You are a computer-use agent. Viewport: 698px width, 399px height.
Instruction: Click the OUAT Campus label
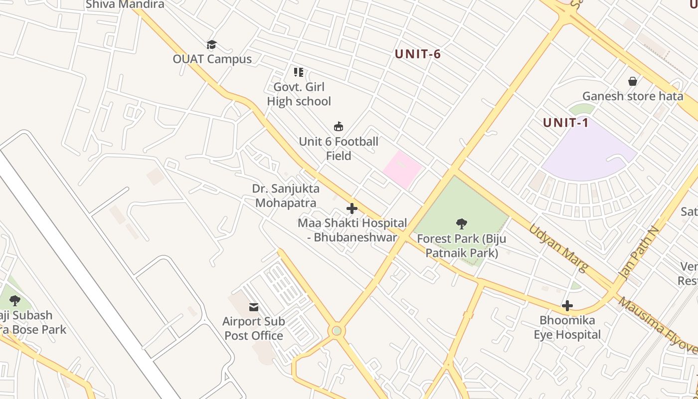pos(212,59)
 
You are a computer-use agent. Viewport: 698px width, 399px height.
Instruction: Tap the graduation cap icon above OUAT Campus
pos(212,45)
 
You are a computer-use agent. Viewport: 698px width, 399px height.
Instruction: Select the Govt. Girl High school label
pos(299,94)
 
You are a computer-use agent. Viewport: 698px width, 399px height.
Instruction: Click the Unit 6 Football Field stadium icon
pos(339,127)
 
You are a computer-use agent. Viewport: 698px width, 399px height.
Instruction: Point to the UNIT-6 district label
pos(418,54)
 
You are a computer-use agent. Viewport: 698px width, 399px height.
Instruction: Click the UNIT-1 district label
pos(566,123)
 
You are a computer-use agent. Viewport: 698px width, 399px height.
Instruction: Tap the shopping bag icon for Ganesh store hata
pos(633,81)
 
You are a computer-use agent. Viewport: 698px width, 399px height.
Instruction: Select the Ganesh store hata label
pos(633,96)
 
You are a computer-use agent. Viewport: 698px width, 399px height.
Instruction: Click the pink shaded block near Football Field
pos(402,169)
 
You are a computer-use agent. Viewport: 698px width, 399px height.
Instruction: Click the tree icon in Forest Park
pos(462,224)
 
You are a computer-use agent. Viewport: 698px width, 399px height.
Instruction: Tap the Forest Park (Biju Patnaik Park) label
pos(462,246)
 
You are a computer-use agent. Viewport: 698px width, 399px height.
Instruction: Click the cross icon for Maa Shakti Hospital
pos(352,208)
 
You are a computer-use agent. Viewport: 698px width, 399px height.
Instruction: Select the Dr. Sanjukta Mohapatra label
pos(286,196)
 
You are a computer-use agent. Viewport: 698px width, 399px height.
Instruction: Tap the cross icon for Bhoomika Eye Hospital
pos(567,306)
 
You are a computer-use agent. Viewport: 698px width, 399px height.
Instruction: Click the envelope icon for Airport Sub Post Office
pos(254,307)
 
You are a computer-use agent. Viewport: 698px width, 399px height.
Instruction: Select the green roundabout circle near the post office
pos(337,331)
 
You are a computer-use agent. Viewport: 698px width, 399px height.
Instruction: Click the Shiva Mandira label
pos(125,4)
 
